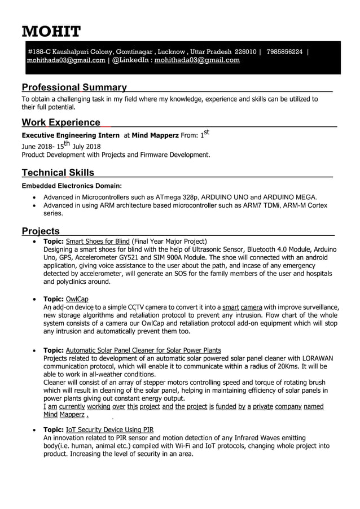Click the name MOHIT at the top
click(x=51, y=30)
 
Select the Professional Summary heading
click(x=74, y=87)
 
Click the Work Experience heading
click(x=61, y=122)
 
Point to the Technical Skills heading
click(x=58, y=173)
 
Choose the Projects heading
click(x=41, y=231)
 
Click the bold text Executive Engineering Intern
click(x=71, y=135)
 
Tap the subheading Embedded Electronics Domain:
click(x=71, y=185)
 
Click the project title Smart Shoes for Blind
click(x=98, y=241)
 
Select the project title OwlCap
click(x=77, y=299)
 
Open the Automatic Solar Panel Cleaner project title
click(x=143, y=350)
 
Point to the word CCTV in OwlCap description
click(x=136, y=307)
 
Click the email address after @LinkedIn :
click(x=197, y=60)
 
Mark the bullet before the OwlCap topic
click(x=36, y=299)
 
